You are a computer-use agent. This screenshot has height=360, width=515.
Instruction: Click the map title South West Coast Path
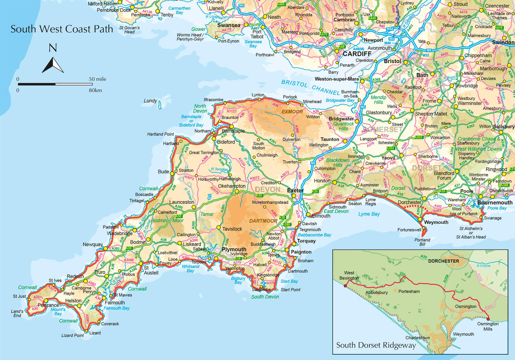coord(62,29)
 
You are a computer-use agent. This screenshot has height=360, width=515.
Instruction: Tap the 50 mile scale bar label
coord(98,79)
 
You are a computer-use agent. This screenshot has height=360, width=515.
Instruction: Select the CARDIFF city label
coord(357,54)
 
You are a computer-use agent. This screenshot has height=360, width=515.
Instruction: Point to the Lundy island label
coord(150,101)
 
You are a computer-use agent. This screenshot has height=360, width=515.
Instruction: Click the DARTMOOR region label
coord(263,221)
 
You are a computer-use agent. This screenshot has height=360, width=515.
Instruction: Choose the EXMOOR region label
coord(292,112)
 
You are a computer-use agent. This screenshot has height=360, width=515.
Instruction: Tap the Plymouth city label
coord(234,249)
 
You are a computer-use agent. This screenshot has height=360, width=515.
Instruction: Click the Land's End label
coord(17,313)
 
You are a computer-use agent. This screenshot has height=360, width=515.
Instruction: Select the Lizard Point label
coord(72,335)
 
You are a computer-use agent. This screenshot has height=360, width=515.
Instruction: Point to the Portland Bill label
coord(422,242)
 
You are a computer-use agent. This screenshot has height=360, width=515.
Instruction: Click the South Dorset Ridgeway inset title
coord(376,345)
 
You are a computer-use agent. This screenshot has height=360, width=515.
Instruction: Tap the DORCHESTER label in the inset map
coord(443,261)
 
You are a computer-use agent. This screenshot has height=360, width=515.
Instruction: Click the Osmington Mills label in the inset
coord(488,326)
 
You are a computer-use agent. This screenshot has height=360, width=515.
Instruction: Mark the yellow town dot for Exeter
coord(294,196)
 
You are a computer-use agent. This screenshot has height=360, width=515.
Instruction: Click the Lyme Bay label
coord(369,214)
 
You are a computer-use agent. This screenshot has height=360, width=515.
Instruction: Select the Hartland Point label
coord(160,134)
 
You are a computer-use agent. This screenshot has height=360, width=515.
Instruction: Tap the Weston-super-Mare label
coord(336,79)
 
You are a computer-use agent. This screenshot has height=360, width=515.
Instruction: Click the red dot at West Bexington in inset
coord(345,286)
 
